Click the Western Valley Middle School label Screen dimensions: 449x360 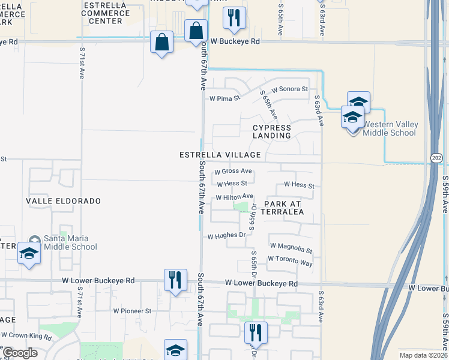coord(390,129)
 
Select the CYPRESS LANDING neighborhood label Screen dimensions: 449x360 coord(271,131)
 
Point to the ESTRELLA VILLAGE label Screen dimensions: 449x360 coord(220,155)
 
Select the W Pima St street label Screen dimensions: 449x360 coord(224,98)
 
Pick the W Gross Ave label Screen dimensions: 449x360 coord(233,171)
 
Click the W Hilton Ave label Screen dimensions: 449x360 coord(234,197)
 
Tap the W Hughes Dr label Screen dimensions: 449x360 coord(227,236)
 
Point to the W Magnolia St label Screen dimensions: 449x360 coord(291,246)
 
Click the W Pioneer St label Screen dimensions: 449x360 coord(132,311)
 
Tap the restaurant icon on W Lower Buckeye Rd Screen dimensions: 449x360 coord(175,280)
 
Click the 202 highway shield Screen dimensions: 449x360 coord(436,157)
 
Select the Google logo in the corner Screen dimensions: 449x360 coord(20,353)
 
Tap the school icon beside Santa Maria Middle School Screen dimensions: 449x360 coord(29,253)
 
